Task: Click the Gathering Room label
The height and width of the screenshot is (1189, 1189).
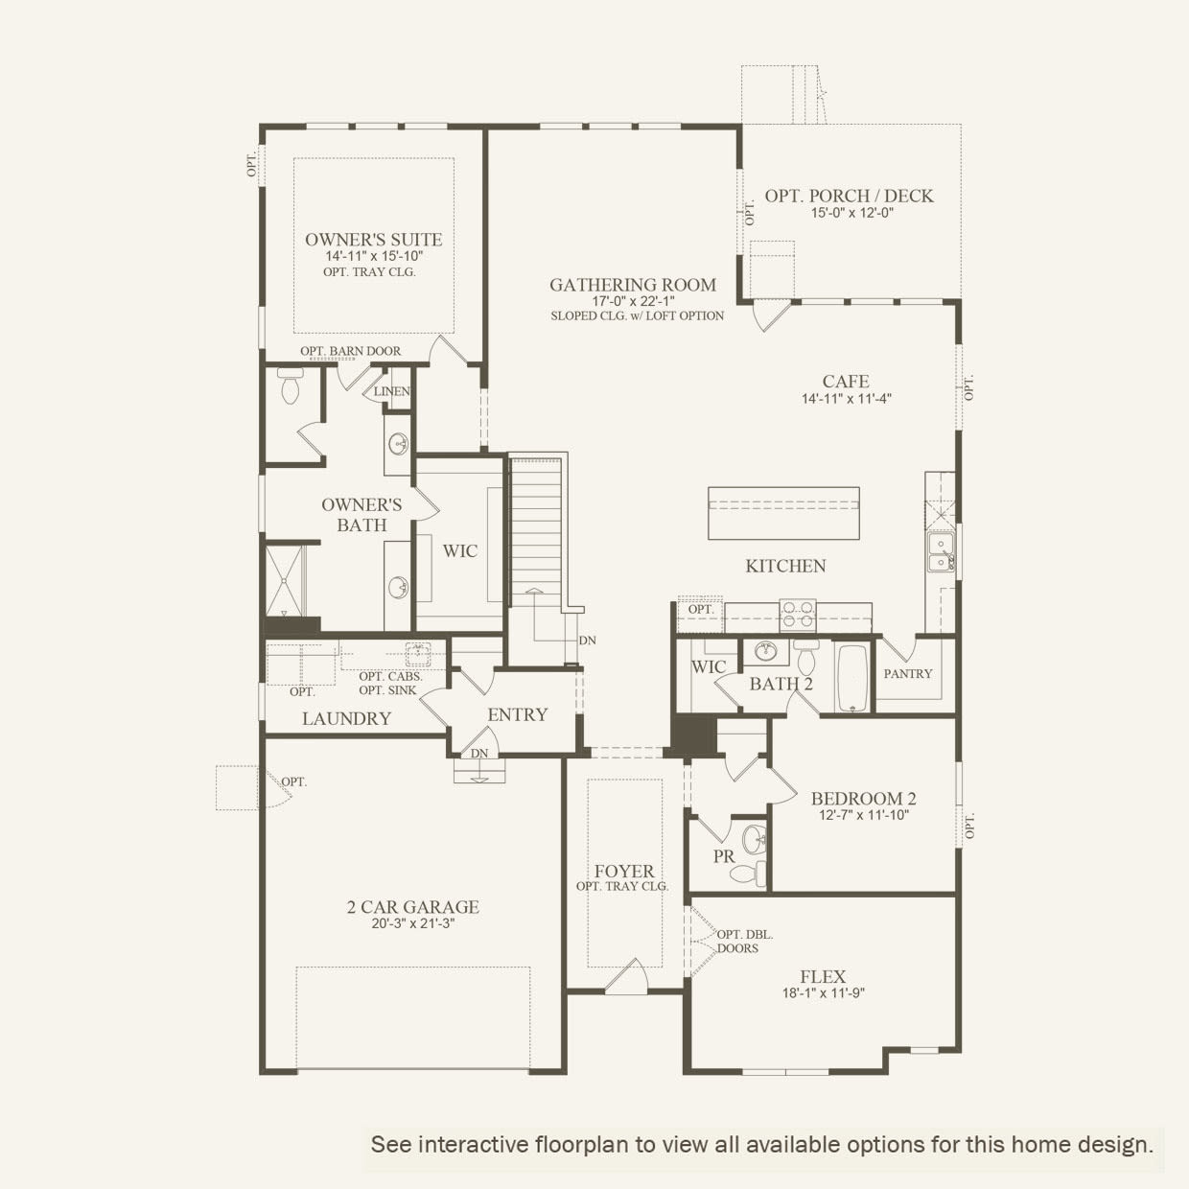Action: point(633,285)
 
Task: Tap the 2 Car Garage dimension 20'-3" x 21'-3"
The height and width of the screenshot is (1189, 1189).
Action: point(412,923)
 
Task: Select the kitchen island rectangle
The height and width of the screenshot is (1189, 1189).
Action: point(783,513)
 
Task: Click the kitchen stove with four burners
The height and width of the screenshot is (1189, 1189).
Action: point(798,614)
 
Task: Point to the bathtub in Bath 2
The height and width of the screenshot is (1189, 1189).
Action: point(852,678)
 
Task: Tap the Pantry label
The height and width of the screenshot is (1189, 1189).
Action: point(908,674)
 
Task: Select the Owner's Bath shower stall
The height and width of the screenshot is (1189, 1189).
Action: point(285,580)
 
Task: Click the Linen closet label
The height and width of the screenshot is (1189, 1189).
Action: point(392,391)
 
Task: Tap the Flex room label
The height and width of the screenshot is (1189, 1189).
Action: point(823,977)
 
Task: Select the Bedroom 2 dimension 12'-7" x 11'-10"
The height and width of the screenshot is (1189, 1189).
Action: point(863,816)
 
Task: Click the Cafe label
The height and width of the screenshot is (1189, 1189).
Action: point(846,382)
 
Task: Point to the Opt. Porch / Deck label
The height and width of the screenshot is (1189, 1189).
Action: point(849,196)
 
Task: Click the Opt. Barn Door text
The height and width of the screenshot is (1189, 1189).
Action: point(351,351)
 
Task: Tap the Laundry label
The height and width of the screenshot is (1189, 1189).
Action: point(346,718)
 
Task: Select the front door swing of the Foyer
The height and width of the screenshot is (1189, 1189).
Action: point(626,975)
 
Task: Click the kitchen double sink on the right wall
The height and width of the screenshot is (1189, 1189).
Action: point(941,550)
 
